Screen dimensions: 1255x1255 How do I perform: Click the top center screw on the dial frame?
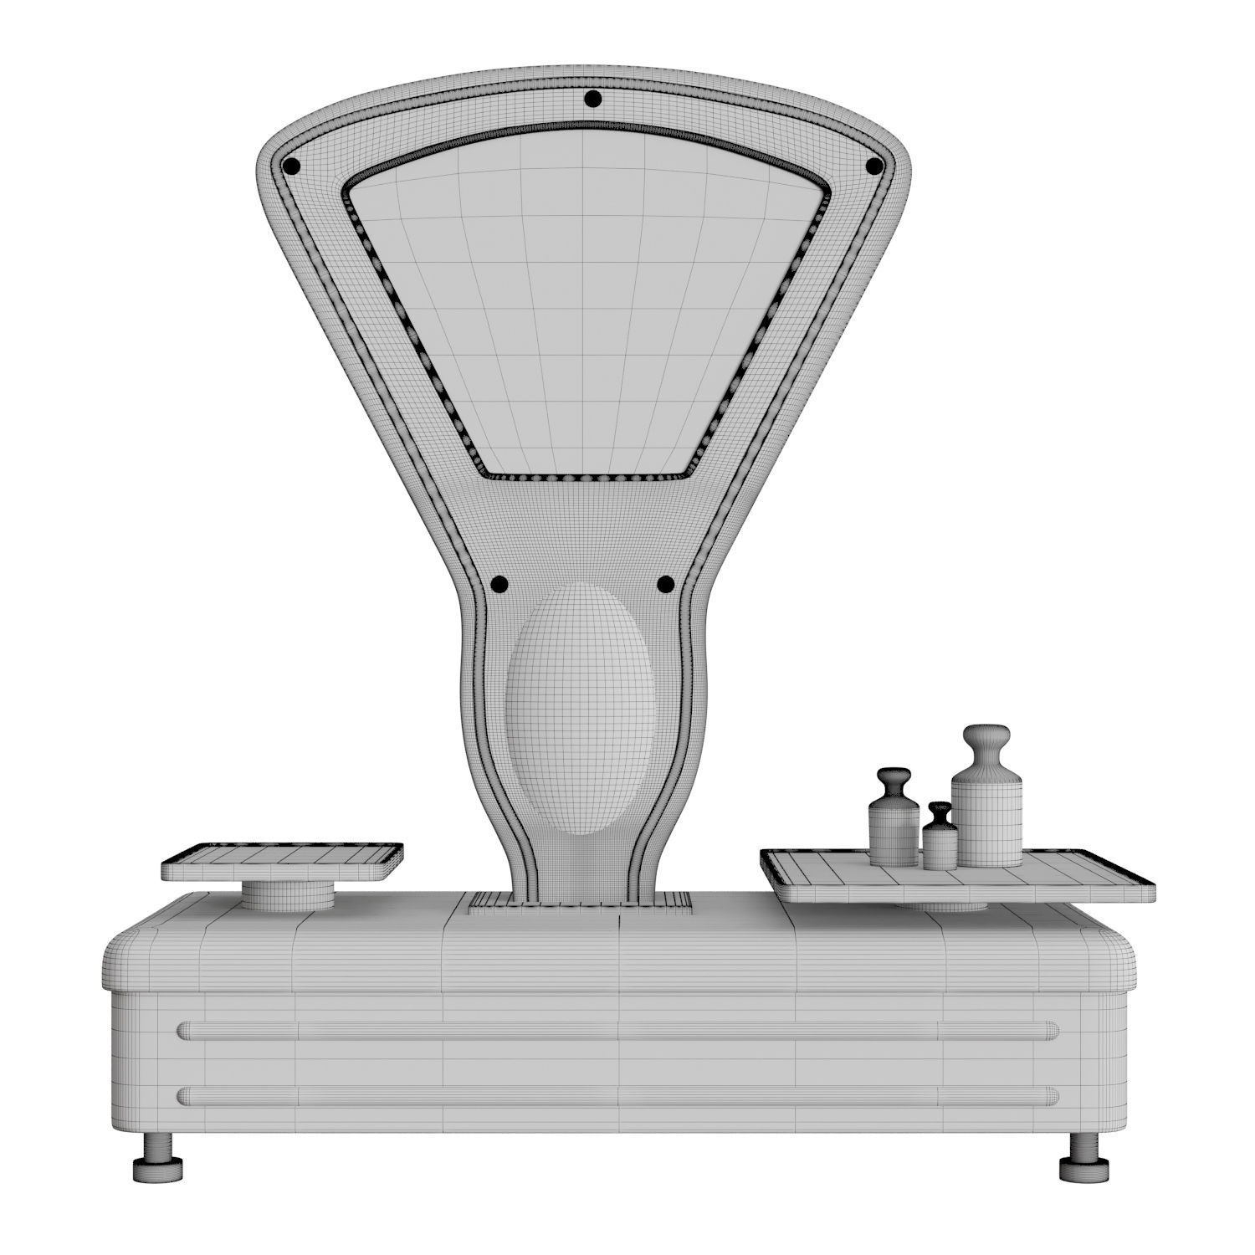coord(592,100)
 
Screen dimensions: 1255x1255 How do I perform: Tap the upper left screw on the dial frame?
coord(291,166)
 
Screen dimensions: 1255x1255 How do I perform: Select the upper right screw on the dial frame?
coord(873,166)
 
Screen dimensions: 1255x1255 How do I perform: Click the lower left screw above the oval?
coord(499,583)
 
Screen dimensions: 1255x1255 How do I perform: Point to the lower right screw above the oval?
coord(665,583)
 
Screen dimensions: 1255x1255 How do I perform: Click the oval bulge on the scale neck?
coord(579,709)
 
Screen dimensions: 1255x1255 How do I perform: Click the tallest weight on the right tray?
coord(987,812)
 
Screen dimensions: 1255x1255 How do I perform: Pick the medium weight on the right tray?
coord(894,824)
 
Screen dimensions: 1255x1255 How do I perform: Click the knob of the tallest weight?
coord(986,743)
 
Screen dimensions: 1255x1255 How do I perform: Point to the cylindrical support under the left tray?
coord(288,895)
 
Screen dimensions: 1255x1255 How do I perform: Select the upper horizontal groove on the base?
coord(619,1029)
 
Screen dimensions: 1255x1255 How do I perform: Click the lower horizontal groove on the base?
coord(619,1095)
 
